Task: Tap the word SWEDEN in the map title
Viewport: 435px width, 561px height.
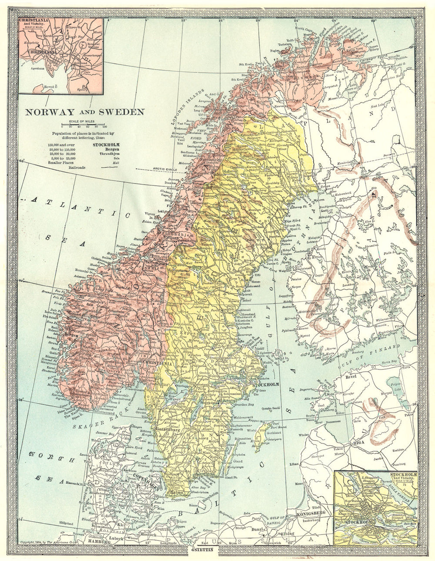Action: [x=124, y=112]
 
